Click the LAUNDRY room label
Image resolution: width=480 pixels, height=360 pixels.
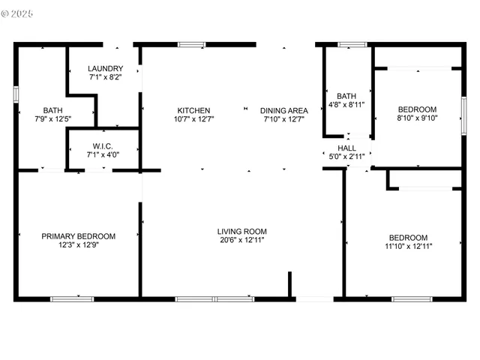104,68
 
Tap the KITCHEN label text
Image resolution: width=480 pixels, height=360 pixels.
193,110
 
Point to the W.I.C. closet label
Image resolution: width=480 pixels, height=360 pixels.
103,146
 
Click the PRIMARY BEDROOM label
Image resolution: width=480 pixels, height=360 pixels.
79,236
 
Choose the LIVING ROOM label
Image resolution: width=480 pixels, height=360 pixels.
242,231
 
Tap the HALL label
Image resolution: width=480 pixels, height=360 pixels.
346,148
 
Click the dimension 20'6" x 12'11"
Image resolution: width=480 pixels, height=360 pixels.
242,240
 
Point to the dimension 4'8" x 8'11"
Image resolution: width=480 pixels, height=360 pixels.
346,104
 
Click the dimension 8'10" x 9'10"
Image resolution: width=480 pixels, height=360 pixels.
417,117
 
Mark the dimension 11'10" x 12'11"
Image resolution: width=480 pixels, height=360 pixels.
409,245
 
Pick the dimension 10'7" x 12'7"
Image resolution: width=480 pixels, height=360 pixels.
193,118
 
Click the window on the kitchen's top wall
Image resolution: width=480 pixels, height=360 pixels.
192,45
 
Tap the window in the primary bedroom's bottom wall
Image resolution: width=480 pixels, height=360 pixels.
72,299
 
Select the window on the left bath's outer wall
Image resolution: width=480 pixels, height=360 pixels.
16,94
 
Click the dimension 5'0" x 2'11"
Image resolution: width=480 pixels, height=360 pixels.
346,157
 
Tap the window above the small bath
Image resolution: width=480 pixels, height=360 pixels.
348,45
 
